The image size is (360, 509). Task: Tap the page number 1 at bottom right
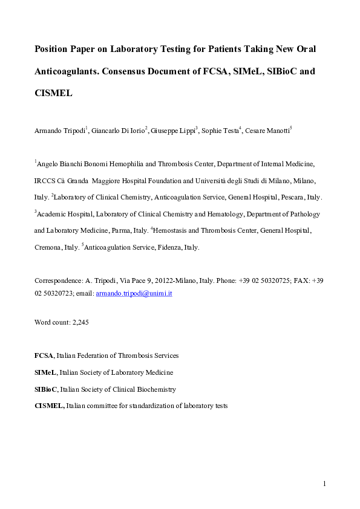click(325, 484)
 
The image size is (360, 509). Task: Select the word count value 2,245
click(79, 322)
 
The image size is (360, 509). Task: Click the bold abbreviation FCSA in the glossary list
click(44, 355)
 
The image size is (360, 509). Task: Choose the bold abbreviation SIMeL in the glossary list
click(46, 372)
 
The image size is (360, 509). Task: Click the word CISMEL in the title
click(54, 94)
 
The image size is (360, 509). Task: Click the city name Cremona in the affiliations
click(48, 248)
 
